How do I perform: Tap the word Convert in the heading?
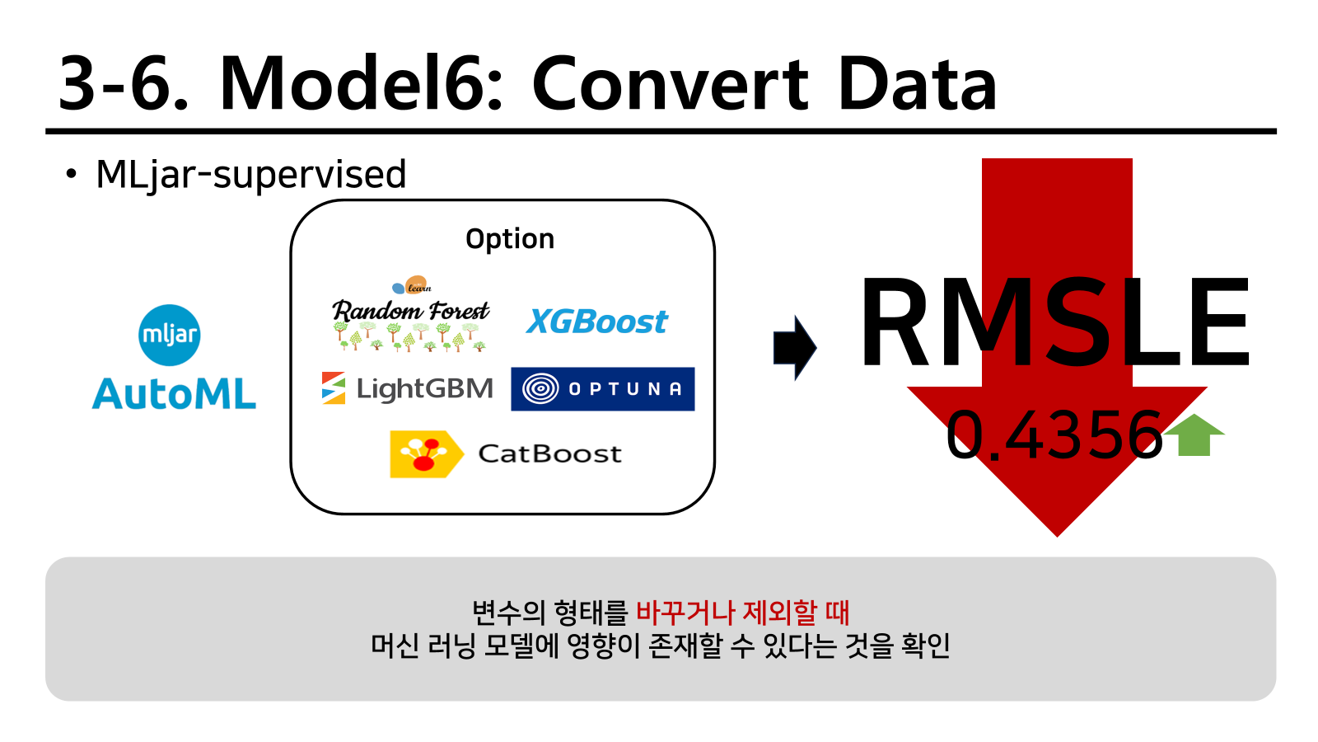pyautogui.click(x=671, y=83)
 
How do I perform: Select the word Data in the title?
pyautogui.click(x=918, y=83)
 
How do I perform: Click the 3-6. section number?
pyautogui.click(x=124, y=83)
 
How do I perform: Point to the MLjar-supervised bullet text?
pyautogui.click(x=250, y=175)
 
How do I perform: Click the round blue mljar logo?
pyautogui.click(x=170, y=335)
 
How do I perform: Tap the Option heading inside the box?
pyautogui.click(x=510, y=239)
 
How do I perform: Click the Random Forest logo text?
pyautogui.click(x=411, y=310)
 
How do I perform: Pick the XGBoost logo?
pyautogui.click(x=596, y=322)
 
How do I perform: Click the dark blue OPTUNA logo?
pyautogui.click(x=602, y=389)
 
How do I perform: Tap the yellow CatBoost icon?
pyautogui.click(x=426, y=454)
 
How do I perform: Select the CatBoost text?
pyautogui.click(x=549, y=454)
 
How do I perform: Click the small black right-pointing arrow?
pyautogui.click(x=795, y=348)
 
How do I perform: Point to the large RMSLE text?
pyautogui.click(x=1054, y=322)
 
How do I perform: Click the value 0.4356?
pyautogui.click(x=1054, y=435)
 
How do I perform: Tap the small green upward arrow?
pyautogui.click(x=1194, y=435)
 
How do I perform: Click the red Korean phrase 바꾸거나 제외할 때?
pyautogui.click(x=742, y=613)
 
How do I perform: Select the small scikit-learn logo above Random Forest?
pyautogui.click(x=412, y=285)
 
